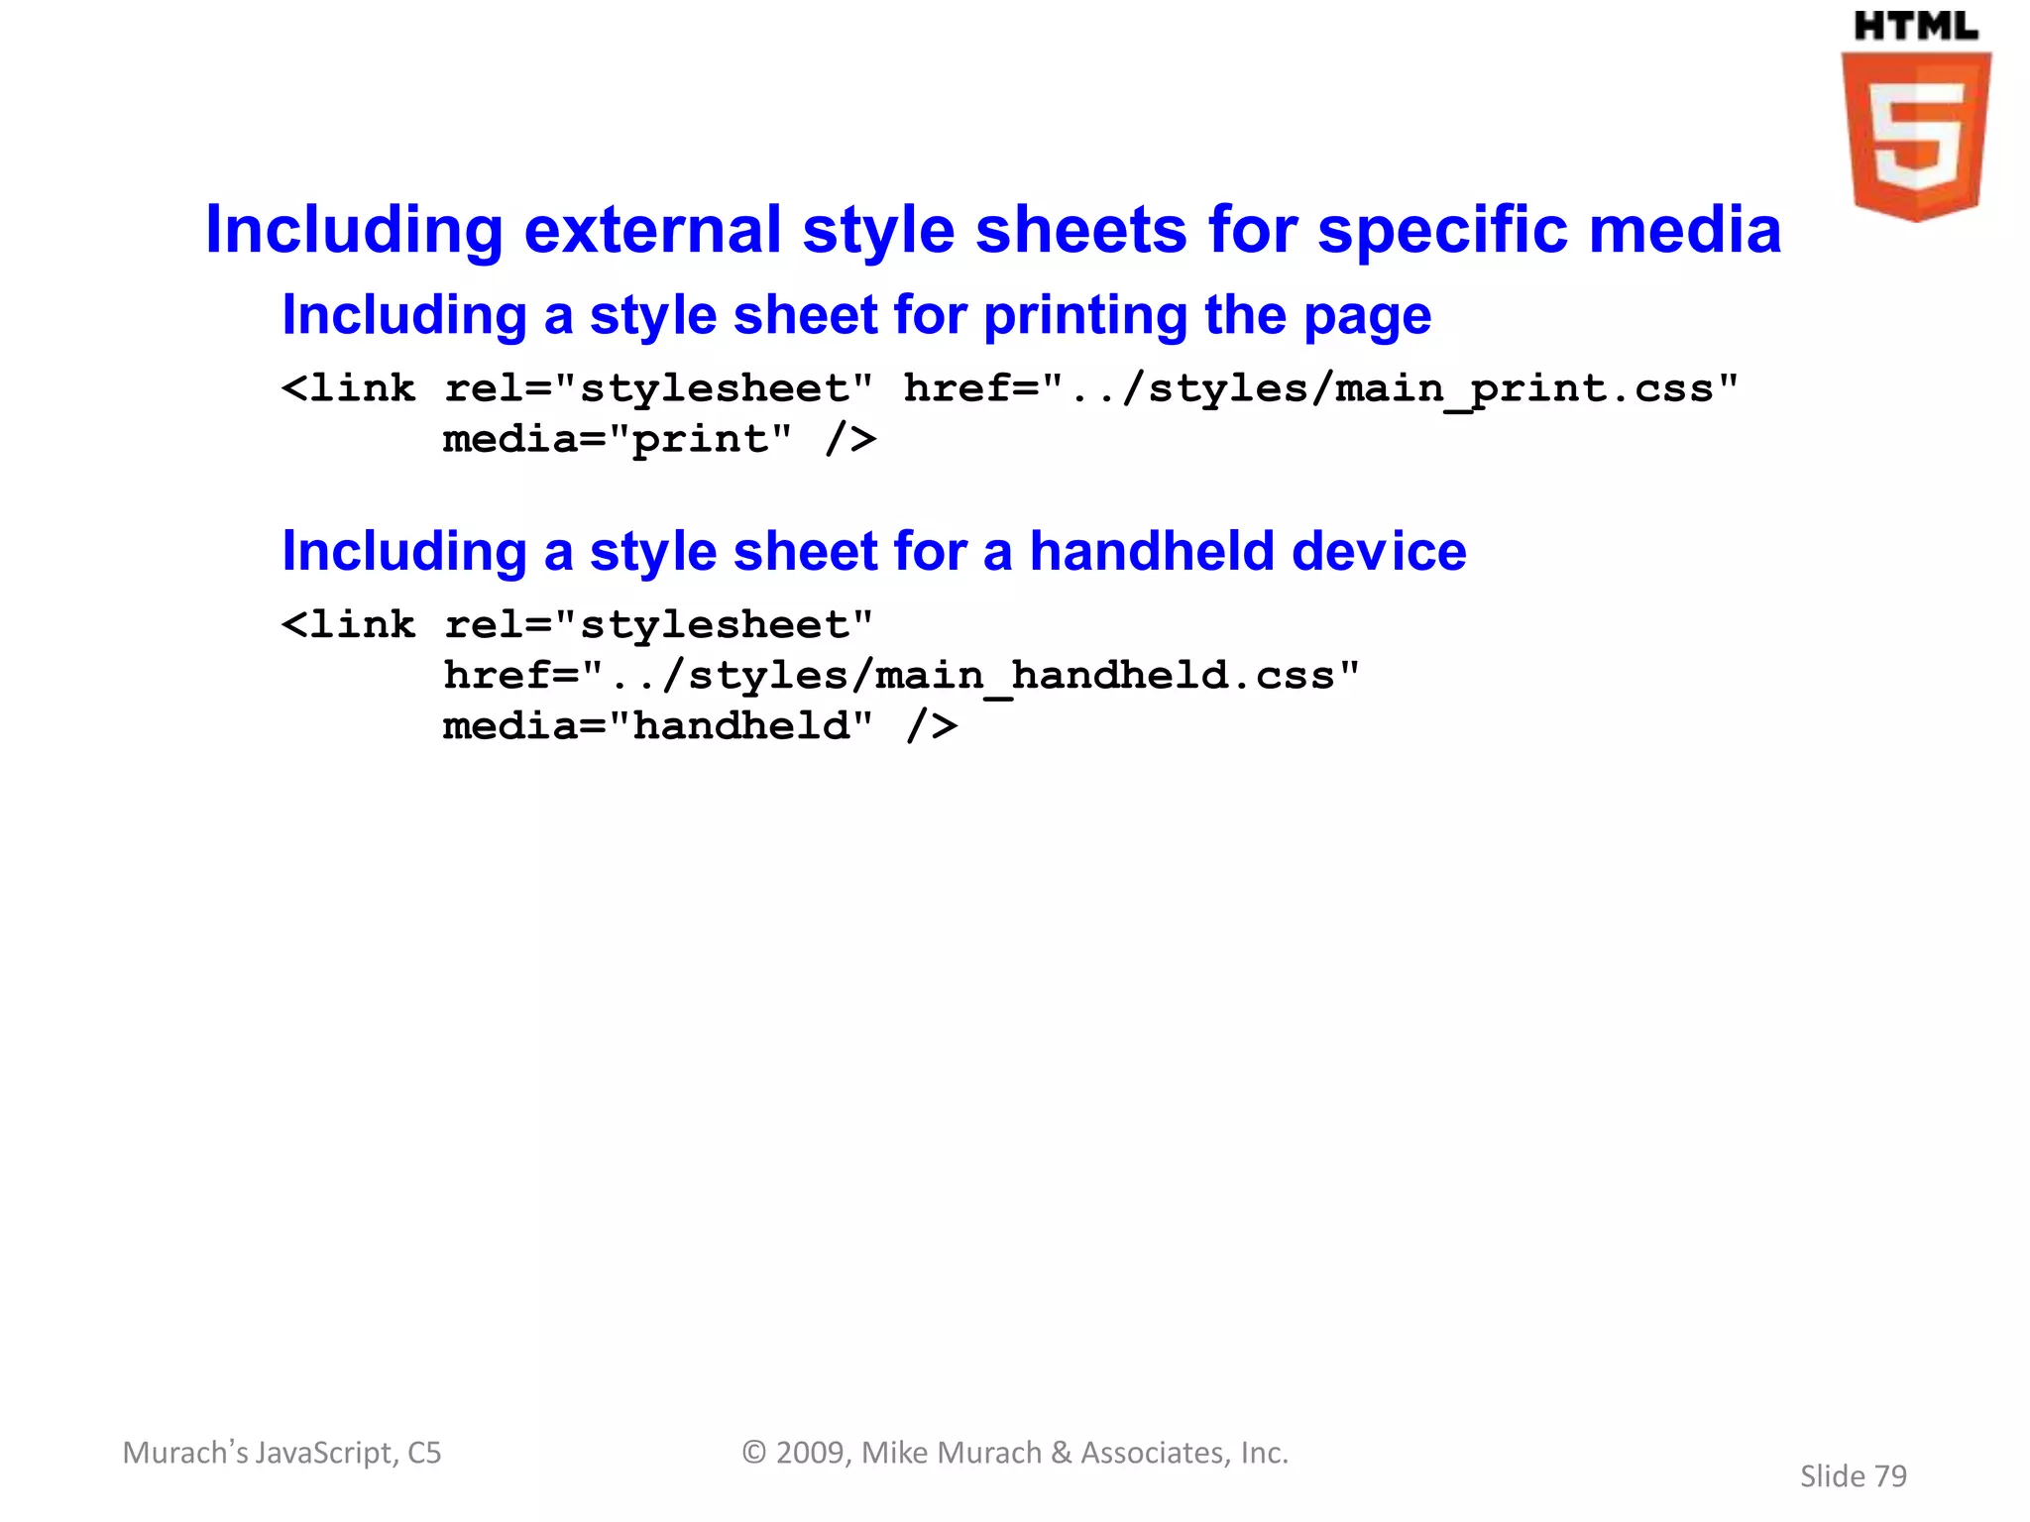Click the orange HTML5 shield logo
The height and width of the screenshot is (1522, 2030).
point(1915,136)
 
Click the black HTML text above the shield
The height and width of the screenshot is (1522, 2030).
point(1915,27)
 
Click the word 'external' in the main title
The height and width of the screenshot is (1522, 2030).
point(652,230)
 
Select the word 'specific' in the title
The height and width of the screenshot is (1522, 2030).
point(1442,230)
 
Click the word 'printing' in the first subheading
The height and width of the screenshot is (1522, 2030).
point(1084,316)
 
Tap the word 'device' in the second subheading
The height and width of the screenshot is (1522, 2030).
point(1379,551)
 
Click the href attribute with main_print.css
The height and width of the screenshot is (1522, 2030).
point(1320,388)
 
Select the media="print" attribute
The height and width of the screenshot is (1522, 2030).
point(617,439)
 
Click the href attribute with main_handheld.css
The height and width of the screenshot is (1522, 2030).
point(901,676)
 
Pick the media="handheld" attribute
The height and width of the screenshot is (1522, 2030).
point(657,726)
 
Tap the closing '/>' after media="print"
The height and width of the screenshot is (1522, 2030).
point(850,439)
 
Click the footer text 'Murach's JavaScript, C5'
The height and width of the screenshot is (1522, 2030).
point(282,1453)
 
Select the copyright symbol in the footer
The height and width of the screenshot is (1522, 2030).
point(754,1453)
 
